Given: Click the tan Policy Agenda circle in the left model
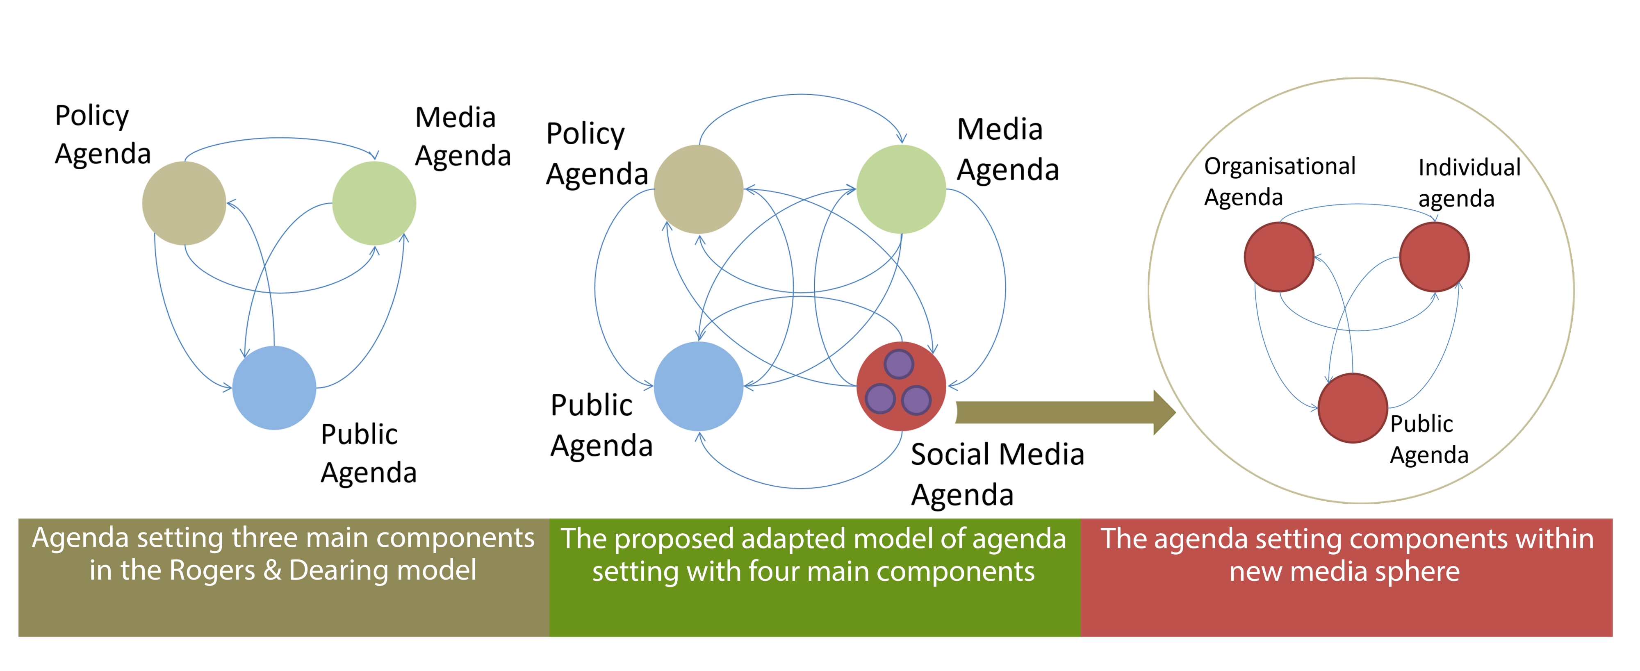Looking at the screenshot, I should pos(184,203).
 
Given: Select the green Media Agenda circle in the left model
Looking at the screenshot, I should pos(374,203).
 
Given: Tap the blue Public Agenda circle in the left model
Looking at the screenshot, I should pos(274,388).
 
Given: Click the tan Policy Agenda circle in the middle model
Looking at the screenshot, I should pos(698,189).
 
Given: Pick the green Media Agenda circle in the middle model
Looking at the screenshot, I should pos(901,189).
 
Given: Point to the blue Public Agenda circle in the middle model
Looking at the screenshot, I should pos(698,387).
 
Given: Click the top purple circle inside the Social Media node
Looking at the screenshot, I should pos(899,364).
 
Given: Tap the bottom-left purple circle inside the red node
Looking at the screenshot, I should pos(881,399).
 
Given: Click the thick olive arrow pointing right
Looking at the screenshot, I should pos(1063,412).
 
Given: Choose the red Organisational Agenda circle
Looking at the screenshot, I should pos(1279,257).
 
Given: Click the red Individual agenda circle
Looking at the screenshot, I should pos(1434,257).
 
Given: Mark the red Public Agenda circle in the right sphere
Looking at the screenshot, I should pos(1353,408).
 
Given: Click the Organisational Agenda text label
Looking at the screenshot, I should pos(1280,182).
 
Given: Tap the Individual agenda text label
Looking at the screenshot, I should pos(1469,183).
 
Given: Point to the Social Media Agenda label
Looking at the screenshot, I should pos(997,474).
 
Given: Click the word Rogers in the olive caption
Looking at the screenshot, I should pos(213,571).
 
